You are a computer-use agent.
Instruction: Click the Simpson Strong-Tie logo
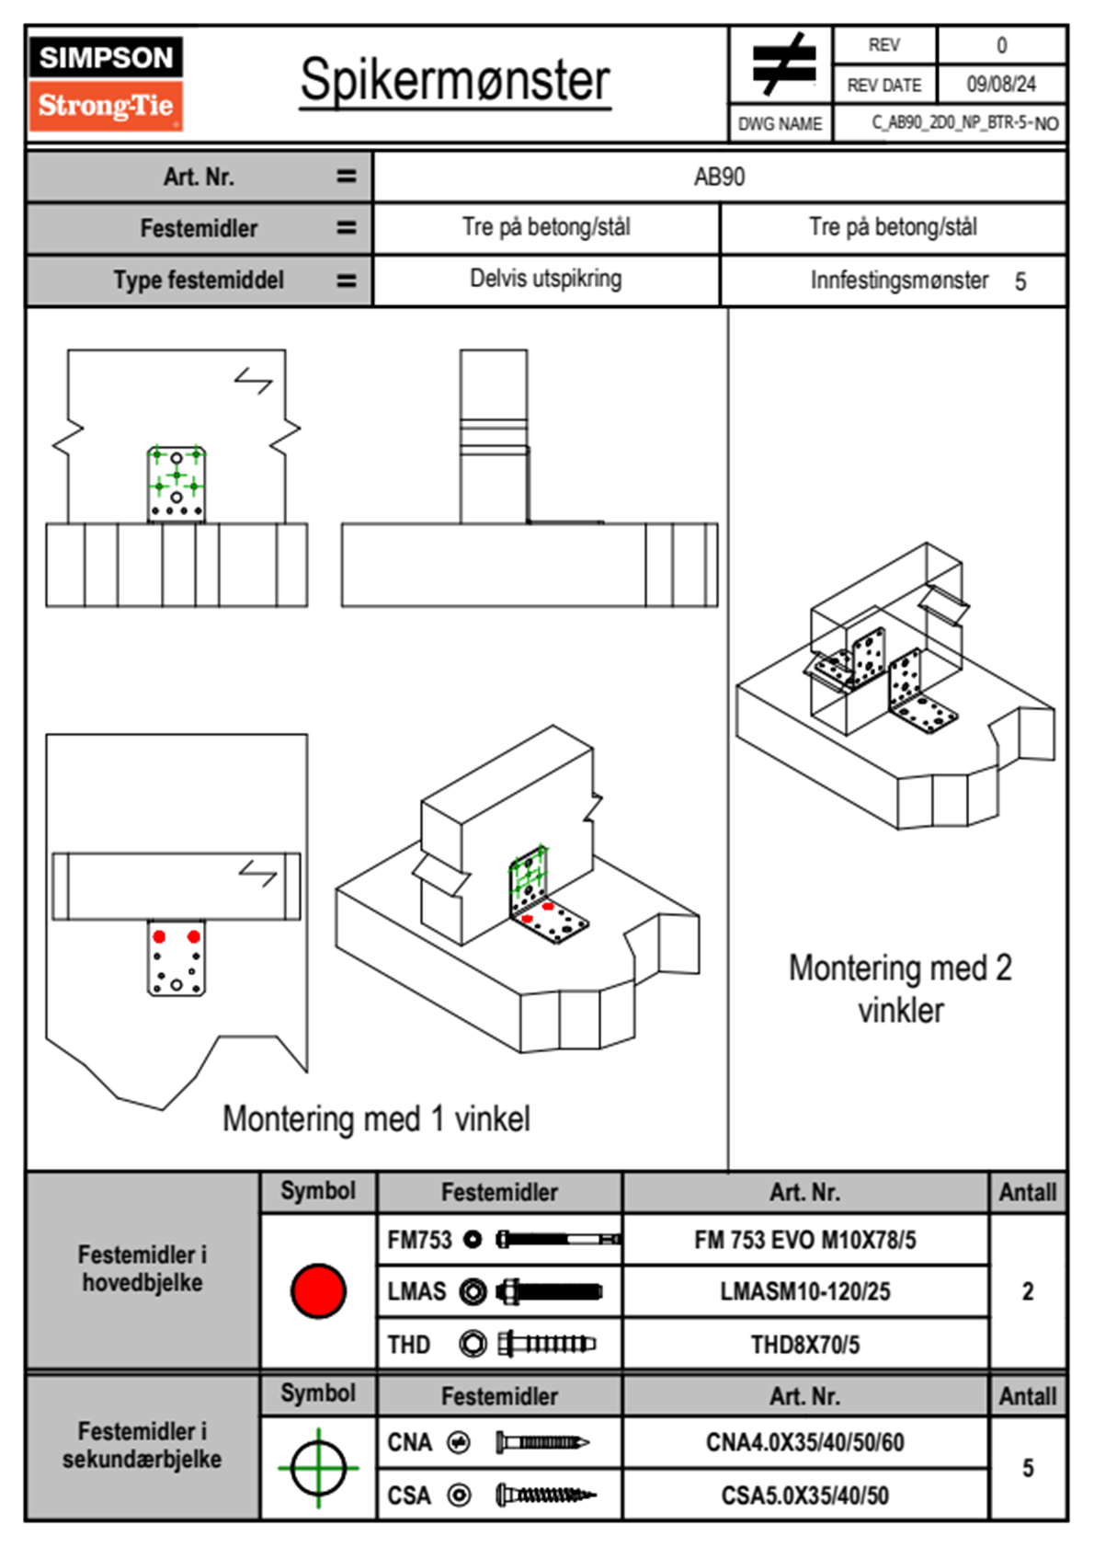pos(106,83)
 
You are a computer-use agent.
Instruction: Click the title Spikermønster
pos(455,80)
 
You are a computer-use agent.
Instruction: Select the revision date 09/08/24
pos(1001,85)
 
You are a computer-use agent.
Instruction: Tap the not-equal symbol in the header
pos(782,64)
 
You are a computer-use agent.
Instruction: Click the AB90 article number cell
pos(719,177)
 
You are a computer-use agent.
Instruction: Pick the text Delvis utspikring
pos(545,279)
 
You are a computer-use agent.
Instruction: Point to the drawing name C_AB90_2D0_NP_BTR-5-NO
pos(964,123)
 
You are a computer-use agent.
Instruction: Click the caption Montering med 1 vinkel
pos(376,1119)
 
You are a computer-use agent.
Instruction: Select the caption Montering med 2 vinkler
pos(900,989)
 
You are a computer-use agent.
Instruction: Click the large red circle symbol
pos(318,1290)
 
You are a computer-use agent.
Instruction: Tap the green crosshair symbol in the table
pos(318,1468)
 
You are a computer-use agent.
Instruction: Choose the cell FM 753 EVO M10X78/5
pos(804,1240)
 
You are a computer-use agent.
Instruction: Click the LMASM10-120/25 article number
pos(804,1291)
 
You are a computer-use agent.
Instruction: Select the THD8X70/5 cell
pos(804,1345)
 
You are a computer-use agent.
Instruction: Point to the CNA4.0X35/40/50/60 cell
pos(804,1442)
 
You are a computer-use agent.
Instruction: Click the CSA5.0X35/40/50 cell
pos(804,1495)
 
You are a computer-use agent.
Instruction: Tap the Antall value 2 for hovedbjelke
pos(1027,1291)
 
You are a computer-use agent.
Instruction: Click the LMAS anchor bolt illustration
pos(549,1291)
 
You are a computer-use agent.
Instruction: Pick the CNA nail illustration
pos(541,1442)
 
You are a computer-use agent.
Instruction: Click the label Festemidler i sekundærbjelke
pos(142,1445)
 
